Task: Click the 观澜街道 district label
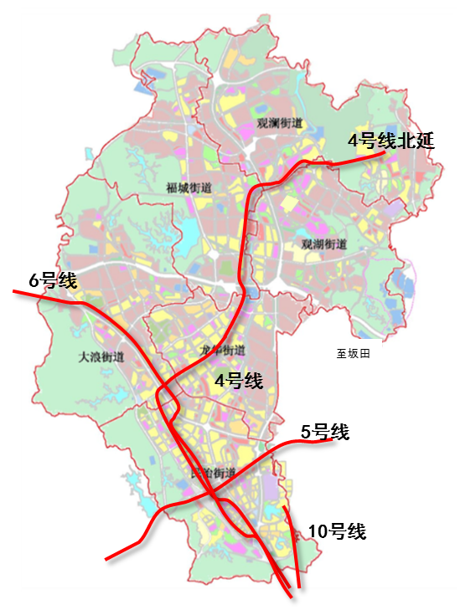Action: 280,124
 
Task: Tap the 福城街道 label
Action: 189,187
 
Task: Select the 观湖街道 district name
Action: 323,244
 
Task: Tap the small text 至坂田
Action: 353,355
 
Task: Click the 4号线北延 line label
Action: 392,141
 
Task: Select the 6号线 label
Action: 52,281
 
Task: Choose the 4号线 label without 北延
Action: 239,382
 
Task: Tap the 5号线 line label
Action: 325,432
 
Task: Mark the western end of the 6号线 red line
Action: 14,292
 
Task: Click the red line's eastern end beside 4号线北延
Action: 383,153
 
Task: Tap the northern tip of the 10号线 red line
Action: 285,507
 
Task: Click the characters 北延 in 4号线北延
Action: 417,141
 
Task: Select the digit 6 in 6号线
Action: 34,281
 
